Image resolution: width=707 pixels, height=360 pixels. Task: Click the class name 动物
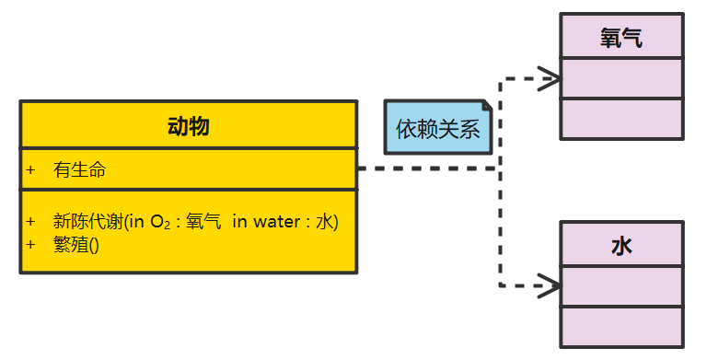[x=188, y=126]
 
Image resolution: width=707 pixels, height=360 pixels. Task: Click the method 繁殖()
[x=76, y=244]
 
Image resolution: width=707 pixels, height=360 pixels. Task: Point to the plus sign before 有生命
[x=30, y=169]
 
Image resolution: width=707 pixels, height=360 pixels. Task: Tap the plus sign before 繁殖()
[x=30, y=244]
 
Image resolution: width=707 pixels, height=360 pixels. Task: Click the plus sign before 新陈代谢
[x=30, y=221]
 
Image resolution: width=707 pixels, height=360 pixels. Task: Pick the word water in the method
[x=274, y=222]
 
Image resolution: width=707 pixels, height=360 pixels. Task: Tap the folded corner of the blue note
[x=486, y=106]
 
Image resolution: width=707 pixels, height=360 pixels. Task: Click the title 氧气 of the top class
[x=621, y=38]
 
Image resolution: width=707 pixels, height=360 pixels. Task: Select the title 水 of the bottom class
[x=621, y=246]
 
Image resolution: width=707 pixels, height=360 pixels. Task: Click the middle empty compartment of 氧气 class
[x=621, y=78]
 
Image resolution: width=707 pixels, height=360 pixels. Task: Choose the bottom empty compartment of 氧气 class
[x=621, y=118]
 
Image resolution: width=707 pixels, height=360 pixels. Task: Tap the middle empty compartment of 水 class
[x=621, y=285]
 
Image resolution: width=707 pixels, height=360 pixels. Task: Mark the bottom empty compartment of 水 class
[x=621, y=326]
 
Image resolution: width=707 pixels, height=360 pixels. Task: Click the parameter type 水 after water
[x=324, y=222]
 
